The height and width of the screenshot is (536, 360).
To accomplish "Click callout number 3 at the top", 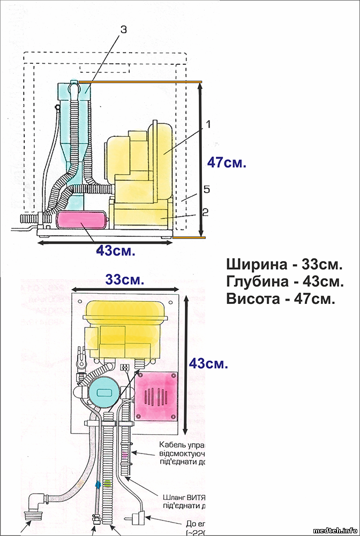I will [124, 30].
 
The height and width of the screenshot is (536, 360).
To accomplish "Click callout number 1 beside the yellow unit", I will [208, 124].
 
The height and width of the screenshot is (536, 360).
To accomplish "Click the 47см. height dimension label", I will [227, 162].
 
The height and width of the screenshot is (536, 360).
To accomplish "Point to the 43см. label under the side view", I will [115, 251].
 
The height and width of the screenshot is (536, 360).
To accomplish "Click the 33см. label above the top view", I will [124, 280].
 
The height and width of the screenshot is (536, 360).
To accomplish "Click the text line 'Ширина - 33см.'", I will [284, 265].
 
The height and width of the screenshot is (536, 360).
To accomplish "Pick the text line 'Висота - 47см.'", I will [280, 299].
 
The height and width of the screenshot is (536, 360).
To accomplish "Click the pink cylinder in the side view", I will [82, 220].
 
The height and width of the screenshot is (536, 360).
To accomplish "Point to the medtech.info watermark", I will [334, 530].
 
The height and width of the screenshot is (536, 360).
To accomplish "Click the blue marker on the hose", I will [97, 484].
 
